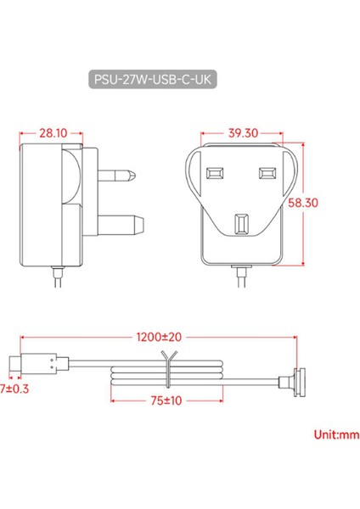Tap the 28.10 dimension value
pos(53,133)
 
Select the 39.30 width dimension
pos(242,133)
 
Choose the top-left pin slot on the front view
pos(212,173)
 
